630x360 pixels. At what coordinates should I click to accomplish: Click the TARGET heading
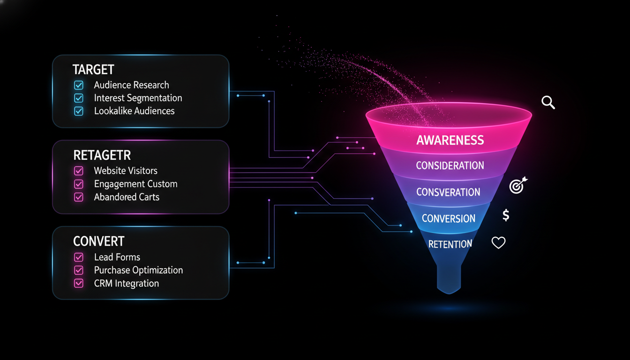click(93, 70)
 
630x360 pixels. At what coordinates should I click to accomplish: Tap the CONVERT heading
click(99, 241)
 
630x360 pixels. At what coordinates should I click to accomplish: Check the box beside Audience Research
click(79, 85)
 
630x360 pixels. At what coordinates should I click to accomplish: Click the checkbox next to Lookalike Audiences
click(79, 111)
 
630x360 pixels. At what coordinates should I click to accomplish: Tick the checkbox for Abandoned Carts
click(79, 197)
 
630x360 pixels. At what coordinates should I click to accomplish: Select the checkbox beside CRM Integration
click(79, 283)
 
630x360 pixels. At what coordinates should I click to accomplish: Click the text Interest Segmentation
click(138, 98)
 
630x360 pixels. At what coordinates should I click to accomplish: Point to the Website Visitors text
click(126, 171)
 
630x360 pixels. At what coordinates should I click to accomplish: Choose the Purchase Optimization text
click(138, 270)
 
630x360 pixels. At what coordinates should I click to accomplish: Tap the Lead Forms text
click(117, 257)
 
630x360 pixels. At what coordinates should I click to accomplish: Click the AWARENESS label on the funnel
click(450, 140)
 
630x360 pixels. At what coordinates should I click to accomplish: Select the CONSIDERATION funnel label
click(450, 165)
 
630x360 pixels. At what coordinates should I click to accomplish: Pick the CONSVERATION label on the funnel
click(448, 192)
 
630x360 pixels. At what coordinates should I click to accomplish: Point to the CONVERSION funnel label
click(449, 218)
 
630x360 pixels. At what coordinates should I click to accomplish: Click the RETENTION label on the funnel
click(450, 244)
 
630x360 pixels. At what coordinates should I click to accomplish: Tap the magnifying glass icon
click(548, 102)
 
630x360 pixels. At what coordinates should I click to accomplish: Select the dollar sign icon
click(506, 215)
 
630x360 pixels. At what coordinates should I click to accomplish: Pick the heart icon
click(498, 242)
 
